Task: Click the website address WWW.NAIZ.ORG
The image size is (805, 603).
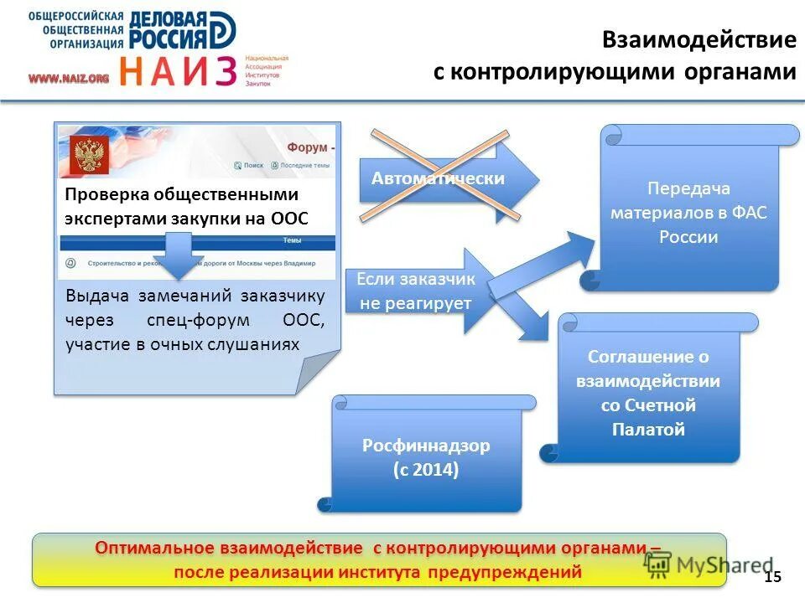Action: pos(69,78)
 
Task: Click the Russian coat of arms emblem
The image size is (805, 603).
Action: pos(86,156)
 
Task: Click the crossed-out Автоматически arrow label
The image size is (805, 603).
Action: pos(438,178)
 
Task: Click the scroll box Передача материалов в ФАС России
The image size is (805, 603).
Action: pos(688,213)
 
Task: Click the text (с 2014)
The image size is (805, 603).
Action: pos(426,470)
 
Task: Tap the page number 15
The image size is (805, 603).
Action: pos(772,576)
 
